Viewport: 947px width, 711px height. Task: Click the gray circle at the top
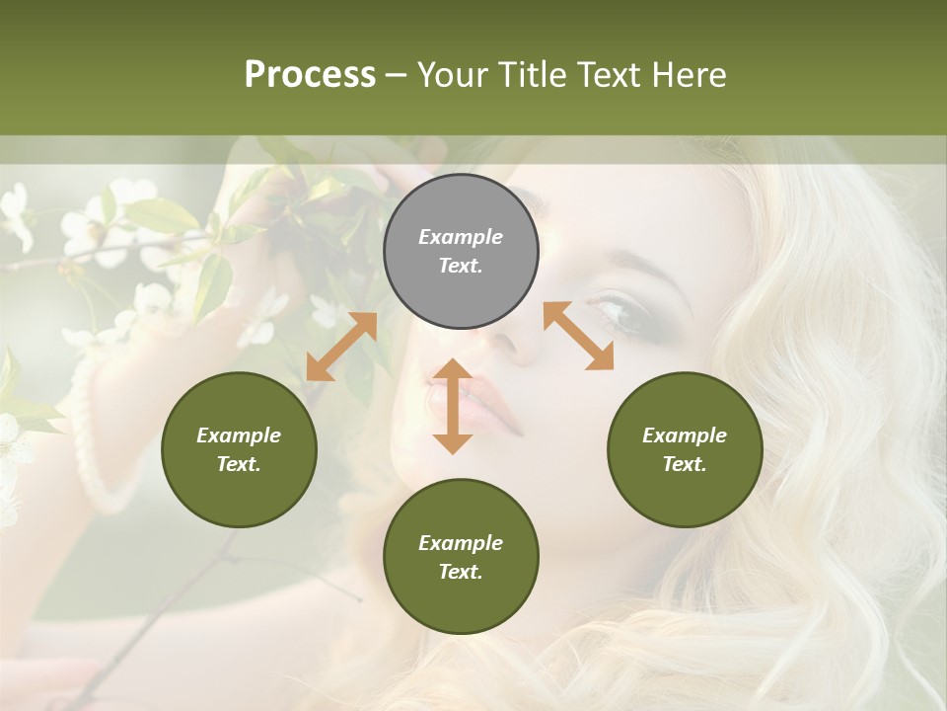461,251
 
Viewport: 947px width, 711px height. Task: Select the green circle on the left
239,449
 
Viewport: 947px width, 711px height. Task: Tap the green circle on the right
685,449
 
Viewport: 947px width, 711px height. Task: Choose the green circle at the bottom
461,557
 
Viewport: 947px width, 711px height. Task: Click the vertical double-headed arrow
453,406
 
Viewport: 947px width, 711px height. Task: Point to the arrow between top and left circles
341,347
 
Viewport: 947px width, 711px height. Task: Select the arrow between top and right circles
578,336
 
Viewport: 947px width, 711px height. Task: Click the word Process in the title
310,74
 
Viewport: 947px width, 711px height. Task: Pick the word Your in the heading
454,74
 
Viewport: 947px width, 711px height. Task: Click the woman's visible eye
615,311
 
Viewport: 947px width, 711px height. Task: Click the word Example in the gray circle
461,237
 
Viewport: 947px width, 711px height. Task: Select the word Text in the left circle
239,464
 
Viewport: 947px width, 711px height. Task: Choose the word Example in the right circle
685,435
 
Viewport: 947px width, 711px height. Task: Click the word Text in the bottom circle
461,572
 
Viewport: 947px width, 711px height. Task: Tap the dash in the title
397,75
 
